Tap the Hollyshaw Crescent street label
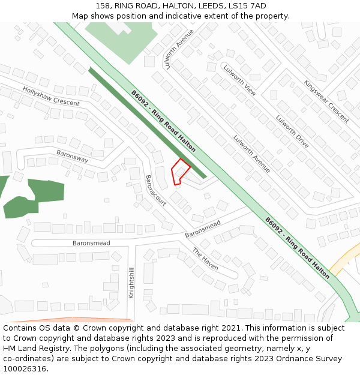click(x=51, y=96)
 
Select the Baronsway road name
click(x=72, y=157)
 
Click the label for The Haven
click(x=205, y=259)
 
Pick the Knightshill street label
click(x=131, y=283)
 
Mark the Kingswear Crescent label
click(x=326, y=101)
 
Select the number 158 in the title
click(x=103, y=6)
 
